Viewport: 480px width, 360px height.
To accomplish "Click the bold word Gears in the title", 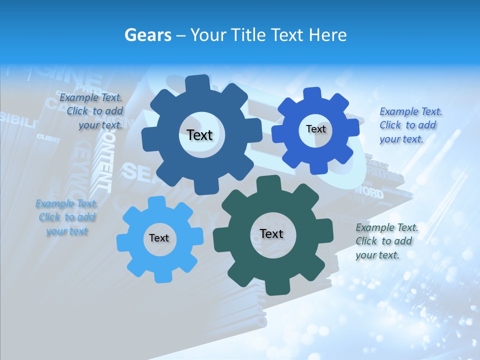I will point(148,35).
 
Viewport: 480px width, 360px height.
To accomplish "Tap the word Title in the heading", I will point(248,35).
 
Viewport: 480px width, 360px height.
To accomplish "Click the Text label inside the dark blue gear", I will point(199,135).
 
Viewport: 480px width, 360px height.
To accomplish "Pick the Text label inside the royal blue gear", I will point(315,129).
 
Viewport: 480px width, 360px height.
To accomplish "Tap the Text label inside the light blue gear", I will point(159,238).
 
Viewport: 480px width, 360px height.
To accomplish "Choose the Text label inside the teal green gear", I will point(271,233).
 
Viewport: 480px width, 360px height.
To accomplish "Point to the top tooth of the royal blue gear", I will point(313,93).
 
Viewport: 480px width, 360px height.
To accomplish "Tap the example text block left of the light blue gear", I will point(67,217).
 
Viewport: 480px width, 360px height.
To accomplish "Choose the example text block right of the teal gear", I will point(386,241).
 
